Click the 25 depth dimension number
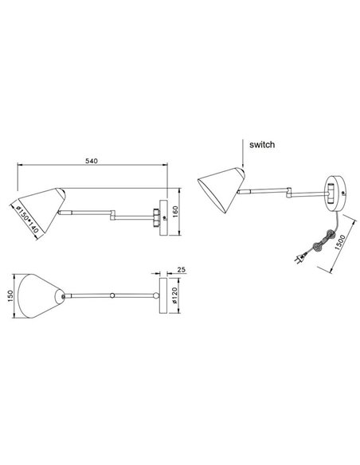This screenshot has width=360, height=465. [181, 270]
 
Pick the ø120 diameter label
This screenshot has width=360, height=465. [175, 297]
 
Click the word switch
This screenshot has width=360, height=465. [261, 146]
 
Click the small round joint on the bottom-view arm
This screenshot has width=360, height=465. [114, 295]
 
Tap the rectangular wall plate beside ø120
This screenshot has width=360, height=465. [163, 295]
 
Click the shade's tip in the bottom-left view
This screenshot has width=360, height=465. [61, 295]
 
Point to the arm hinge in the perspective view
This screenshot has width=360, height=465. [287, 190]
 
